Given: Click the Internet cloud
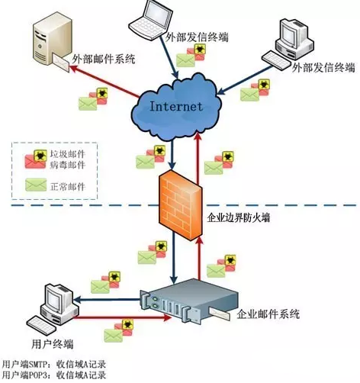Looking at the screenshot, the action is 176,106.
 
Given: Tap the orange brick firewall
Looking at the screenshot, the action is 181,205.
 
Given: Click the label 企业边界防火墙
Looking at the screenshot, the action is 238,217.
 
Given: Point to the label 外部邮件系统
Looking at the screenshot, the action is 104,59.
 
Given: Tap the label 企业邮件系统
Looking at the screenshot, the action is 268,314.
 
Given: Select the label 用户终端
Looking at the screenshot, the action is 53,344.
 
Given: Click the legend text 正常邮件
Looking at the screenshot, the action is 68,187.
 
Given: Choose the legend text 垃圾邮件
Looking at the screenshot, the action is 68,154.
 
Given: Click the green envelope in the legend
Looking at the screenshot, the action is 36,185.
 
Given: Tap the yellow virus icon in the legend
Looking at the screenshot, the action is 40,156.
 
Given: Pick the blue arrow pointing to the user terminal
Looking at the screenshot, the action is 107,300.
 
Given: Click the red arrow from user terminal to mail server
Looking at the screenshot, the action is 124,317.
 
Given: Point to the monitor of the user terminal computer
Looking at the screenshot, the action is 56,298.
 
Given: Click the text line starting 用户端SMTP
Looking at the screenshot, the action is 53,365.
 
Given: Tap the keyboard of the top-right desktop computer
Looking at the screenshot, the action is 277,60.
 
